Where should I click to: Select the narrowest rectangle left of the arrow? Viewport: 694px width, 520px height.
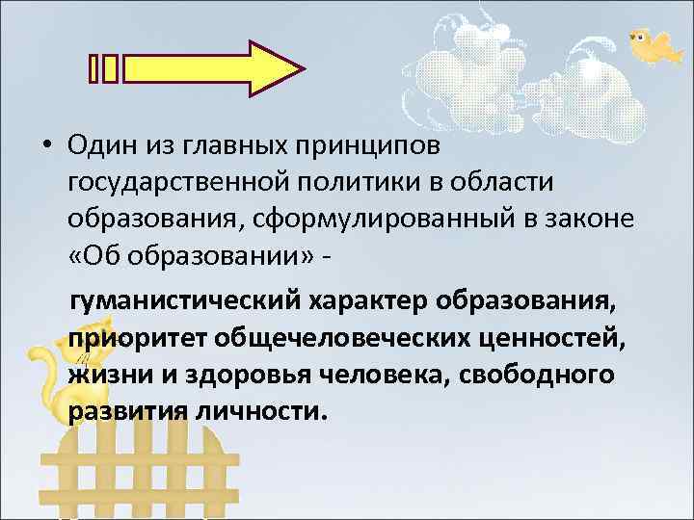coord(93,68)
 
